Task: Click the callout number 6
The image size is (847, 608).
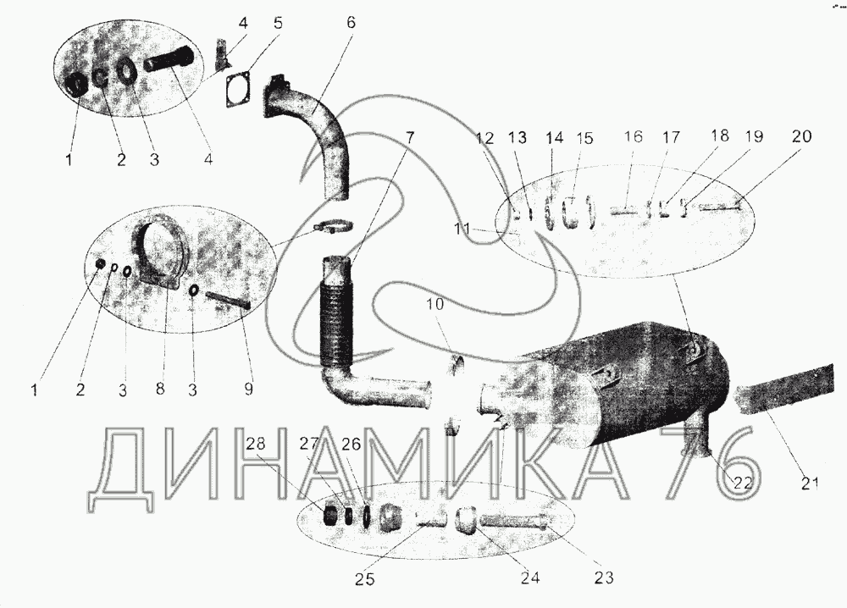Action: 351,23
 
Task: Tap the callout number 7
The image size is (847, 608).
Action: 410,137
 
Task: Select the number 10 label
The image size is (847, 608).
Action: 435,304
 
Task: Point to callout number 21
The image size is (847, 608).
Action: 809,483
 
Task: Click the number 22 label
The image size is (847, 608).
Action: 742,483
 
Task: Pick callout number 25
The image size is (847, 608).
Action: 364,579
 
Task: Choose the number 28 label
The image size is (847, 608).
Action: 256,444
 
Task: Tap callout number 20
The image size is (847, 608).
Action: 801,136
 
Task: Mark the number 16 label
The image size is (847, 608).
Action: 633,136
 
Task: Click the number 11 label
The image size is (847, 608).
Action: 462,229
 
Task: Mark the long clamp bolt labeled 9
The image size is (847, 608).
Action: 227,300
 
